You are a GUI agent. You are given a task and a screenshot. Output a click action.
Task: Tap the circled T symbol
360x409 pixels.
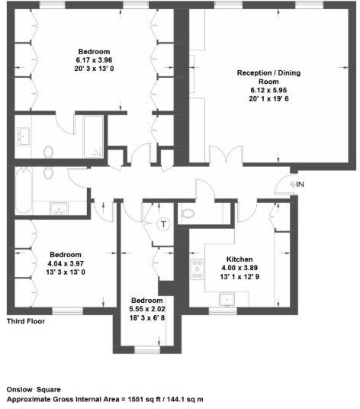tap(162, 224)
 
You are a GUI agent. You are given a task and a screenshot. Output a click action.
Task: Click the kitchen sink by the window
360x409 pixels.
tap(220, 304)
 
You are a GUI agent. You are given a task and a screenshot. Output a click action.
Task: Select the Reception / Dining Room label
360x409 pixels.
tap(259, 76)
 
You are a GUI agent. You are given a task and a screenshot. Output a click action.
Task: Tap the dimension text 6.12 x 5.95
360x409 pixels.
tap(259, 89)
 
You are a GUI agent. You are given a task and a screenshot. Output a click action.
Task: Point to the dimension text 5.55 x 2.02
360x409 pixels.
tap(145, 308)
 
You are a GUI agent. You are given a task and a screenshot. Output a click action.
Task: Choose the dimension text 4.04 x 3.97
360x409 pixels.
tap(66, 263)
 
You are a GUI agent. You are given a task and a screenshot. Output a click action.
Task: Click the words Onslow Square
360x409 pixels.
tap(34, 388)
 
